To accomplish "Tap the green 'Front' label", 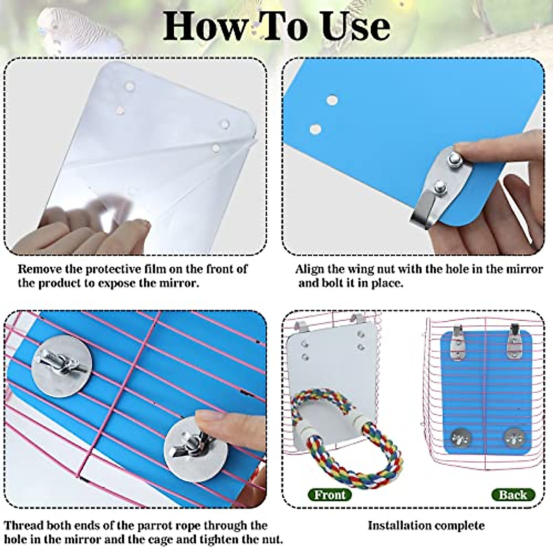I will (x=330, y=495).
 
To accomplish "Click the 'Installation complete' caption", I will (x=426, y=525).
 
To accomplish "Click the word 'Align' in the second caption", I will (x=310, y=269).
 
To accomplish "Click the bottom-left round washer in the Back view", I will (x=459, y=436).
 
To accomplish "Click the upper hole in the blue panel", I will (x=331, y=100).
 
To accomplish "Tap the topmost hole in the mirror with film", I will (x=130, y=86).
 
